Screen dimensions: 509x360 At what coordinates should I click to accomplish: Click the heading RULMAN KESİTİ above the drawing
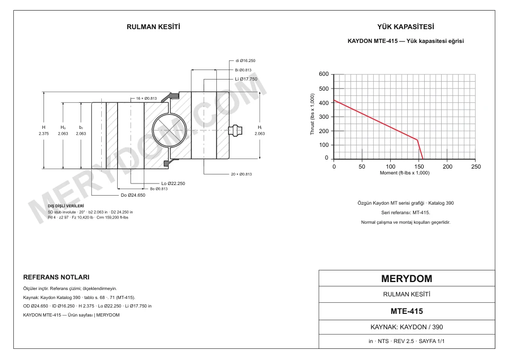tap(153, 27)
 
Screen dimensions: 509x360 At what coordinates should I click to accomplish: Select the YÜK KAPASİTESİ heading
tap(406, 27)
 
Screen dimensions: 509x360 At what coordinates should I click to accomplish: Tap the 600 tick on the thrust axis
tap(323, 74)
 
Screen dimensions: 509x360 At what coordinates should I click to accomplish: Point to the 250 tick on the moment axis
tap(476, 166)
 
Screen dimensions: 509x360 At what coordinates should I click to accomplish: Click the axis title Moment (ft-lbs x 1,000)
tap(405, 173)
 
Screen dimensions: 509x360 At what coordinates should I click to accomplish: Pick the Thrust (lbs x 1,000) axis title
tap(312, 115)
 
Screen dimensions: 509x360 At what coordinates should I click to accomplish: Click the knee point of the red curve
tap(417, 140)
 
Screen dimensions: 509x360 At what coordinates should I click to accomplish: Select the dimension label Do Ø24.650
tap(133, 195)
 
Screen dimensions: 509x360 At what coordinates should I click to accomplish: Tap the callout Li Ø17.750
tap(246, 79)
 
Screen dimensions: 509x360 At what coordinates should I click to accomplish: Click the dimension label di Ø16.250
tap(245, 60)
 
